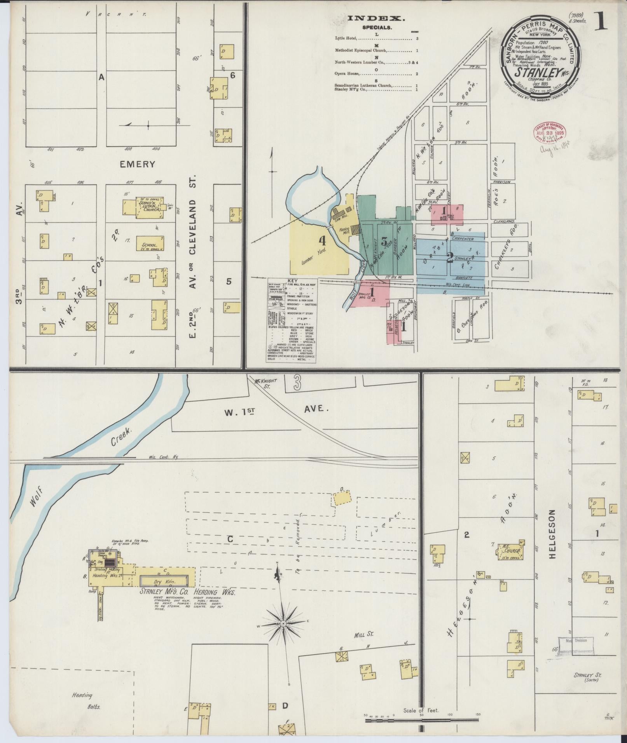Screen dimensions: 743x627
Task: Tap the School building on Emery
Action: [x=150, y=244]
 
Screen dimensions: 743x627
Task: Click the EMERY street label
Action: [x=137, y=164]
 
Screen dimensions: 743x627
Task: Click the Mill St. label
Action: [x=363, y=634]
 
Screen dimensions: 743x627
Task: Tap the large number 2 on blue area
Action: [x=450, y=257]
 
